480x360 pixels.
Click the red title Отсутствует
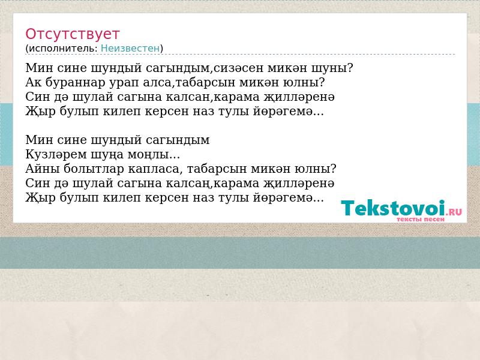[x=72, y=34]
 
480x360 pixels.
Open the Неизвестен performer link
[x=130, y=49]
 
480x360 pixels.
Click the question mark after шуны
[x=350, y=68]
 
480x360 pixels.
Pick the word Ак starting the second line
[x=34, y=82]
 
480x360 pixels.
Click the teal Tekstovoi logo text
[x=393, y=208]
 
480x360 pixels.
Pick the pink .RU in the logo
[x=454, y=212]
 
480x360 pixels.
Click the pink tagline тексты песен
[x=421, y=220]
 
